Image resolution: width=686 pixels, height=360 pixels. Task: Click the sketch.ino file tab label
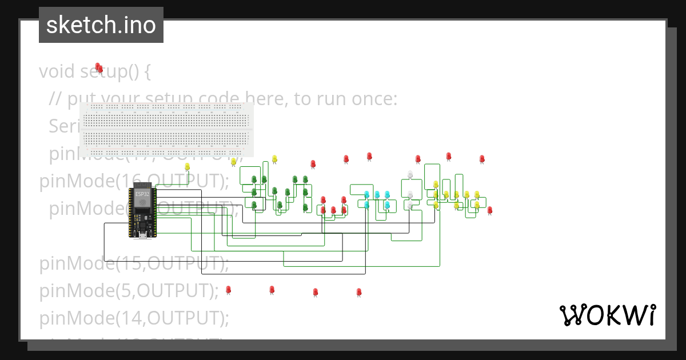101,25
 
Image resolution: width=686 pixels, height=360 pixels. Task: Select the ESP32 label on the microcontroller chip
141,194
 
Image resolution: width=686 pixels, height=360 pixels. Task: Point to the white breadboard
166,129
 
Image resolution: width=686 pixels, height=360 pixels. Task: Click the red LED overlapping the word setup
99,68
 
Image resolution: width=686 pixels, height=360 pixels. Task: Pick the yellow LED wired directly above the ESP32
187,167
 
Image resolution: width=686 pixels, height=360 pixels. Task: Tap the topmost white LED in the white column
410,174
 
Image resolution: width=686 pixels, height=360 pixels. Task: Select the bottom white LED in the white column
410,205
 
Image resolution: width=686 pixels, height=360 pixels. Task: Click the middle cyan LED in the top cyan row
377,195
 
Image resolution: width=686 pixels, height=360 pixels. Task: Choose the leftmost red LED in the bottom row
228,290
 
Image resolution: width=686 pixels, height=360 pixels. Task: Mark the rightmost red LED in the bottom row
359,292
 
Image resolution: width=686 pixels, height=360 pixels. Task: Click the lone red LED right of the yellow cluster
490,210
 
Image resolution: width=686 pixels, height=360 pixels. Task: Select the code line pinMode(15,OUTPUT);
134,264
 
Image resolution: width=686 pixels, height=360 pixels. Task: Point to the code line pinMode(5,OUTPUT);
129,291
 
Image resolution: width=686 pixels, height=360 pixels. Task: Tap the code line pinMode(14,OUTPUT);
134,318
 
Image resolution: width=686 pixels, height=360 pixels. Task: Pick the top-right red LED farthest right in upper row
482,159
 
